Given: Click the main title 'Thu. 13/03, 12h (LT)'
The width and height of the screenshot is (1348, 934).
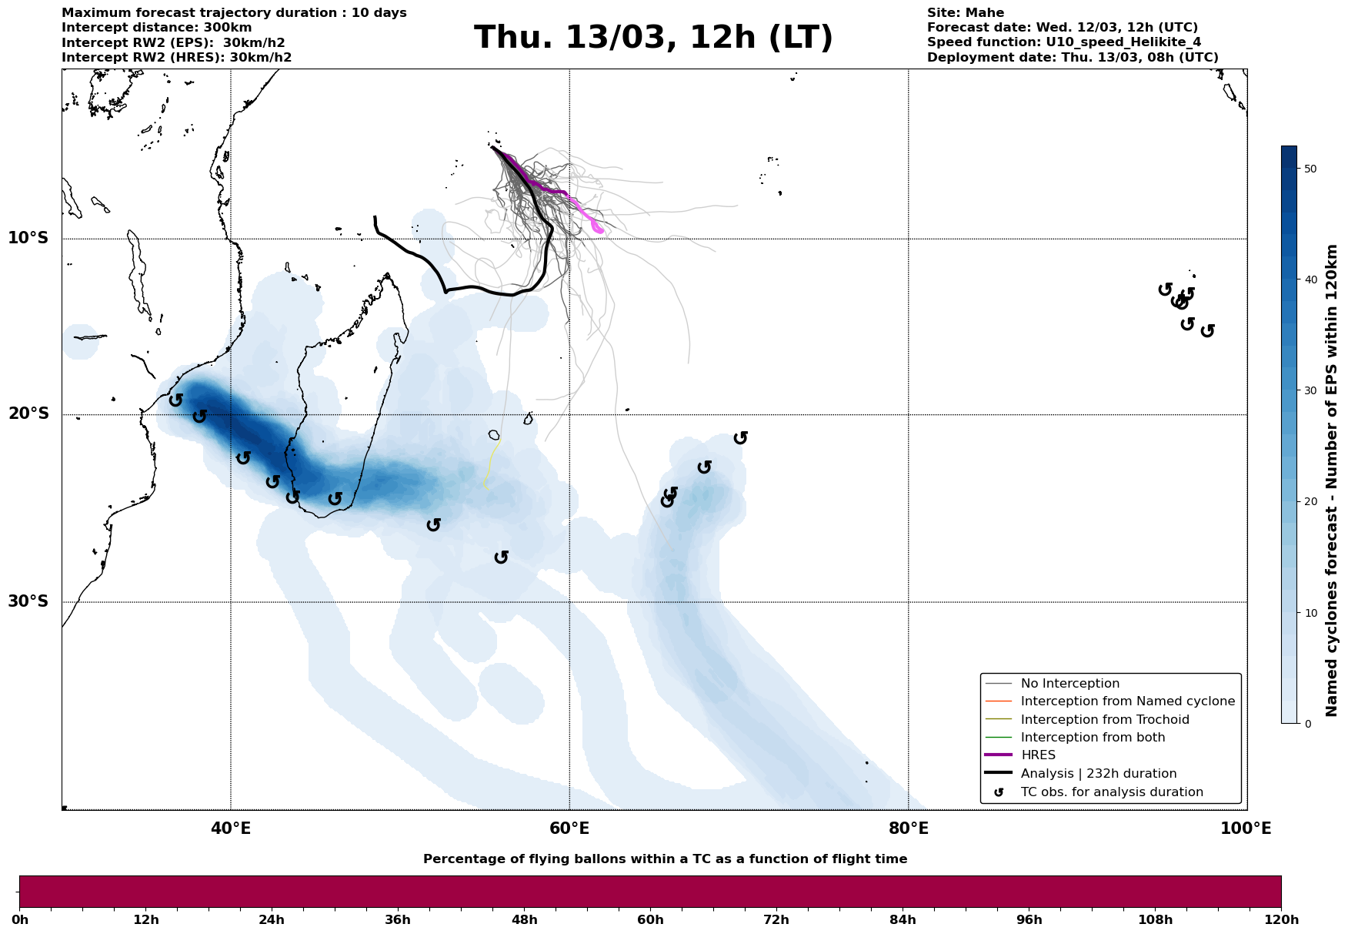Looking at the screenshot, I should click(x=653, y=38).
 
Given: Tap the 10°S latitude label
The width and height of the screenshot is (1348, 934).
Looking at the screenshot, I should click(x=28, y=238).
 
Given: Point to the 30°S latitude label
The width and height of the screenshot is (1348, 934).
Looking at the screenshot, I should click(x=28, y=601).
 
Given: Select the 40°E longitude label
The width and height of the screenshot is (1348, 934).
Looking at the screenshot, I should click(x=231, y=829).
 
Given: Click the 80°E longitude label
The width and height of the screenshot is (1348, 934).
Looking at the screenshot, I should click(x=908, y=829).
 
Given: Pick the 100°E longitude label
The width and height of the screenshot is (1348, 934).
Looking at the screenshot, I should click(x=1246, y=829).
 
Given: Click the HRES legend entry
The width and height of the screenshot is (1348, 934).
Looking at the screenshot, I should click(x=1038, y=755).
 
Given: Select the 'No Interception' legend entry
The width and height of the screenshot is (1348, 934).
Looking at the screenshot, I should click(x=1069, y=684).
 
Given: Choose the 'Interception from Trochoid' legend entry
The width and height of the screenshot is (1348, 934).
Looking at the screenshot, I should click(x=1104, y=720).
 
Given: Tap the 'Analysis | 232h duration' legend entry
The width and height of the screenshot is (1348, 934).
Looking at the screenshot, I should click(x=1098, y=774).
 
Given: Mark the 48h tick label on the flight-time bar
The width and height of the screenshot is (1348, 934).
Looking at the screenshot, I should click(x=524, y=919).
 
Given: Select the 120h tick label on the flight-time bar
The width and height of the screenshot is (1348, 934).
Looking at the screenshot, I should click(x=1281, y=919).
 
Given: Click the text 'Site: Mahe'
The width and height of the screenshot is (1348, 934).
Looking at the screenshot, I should click(x=965, y=13).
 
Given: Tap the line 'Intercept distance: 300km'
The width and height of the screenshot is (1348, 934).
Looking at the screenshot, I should click(x=156, y=28).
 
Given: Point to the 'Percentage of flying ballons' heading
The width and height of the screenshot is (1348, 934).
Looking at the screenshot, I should click(x=665, y=859).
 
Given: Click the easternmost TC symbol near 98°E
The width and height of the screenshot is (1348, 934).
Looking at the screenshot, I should click(x=1207, y=330).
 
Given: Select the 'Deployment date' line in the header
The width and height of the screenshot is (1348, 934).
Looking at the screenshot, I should click(x=1072, y=58).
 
